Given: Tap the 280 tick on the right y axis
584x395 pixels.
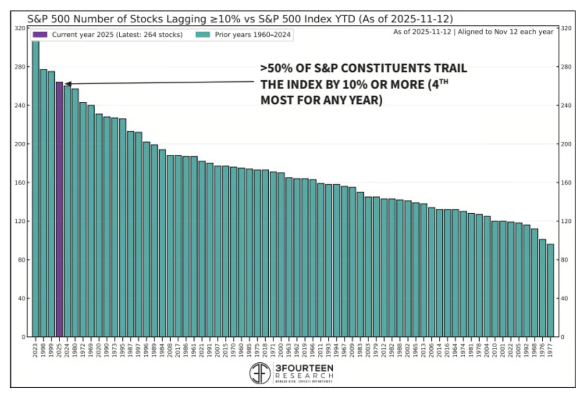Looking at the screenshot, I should click(565, 67).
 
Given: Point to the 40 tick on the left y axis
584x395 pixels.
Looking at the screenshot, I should click(22, 298).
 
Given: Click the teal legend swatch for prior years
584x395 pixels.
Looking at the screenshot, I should click(202, 35).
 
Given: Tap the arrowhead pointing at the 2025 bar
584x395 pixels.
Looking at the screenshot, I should click(67, 83).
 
